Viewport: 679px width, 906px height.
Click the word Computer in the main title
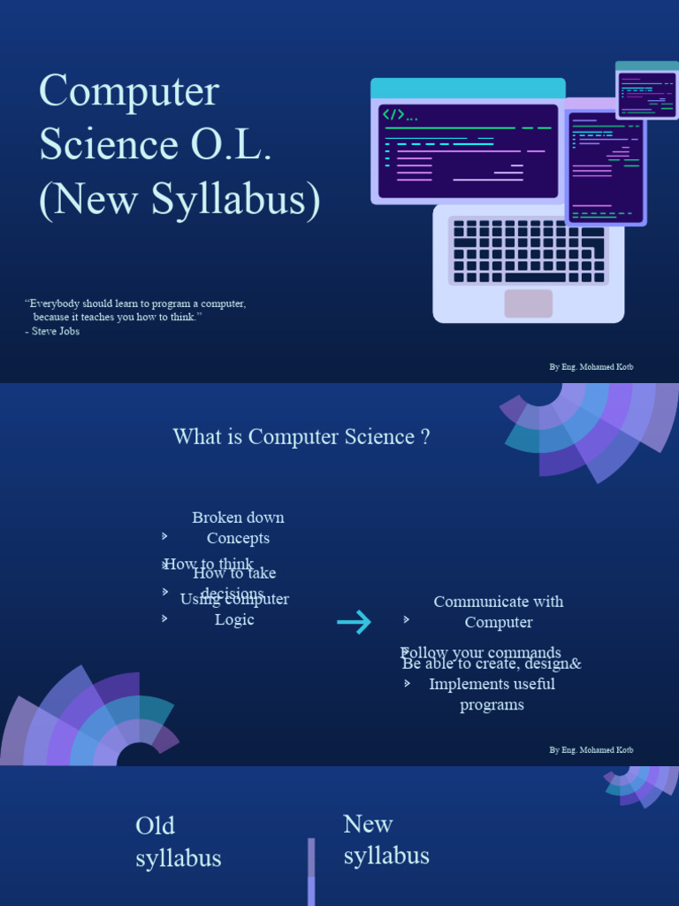click(129, 92)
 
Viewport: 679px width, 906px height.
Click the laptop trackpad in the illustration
click(528, 303)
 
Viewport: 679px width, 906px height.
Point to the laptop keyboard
click(528, 251)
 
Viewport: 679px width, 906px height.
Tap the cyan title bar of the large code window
click(468, 88)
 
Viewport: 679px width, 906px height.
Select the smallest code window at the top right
click(647, 92)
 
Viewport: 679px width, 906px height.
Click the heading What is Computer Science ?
click(301, 437)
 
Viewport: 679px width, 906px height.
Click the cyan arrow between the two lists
click(355, 623)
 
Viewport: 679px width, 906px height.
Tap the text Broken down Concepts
click(238, 527)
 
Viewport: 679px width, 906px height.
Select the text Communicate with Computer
click(498, 611)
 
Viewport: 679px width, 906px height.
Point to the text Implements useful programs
click(492, 695)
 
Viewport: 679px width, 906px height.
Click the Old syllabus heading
click(178, 841)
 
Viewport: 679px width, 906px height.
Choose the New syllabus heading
click(386, 840)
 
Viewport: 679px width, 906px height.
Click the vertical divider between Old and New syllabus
click(311, 871)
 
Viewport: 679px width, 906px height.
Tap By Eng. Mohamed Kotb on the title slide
click(591, 366)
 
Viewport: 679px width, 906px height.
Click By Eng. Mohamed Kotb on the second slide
click(591, 750)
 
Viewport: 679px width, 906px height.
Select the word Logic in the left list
click(234, 619)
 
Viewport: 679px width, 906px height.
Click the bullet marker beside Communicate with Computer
click(407, 619)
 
